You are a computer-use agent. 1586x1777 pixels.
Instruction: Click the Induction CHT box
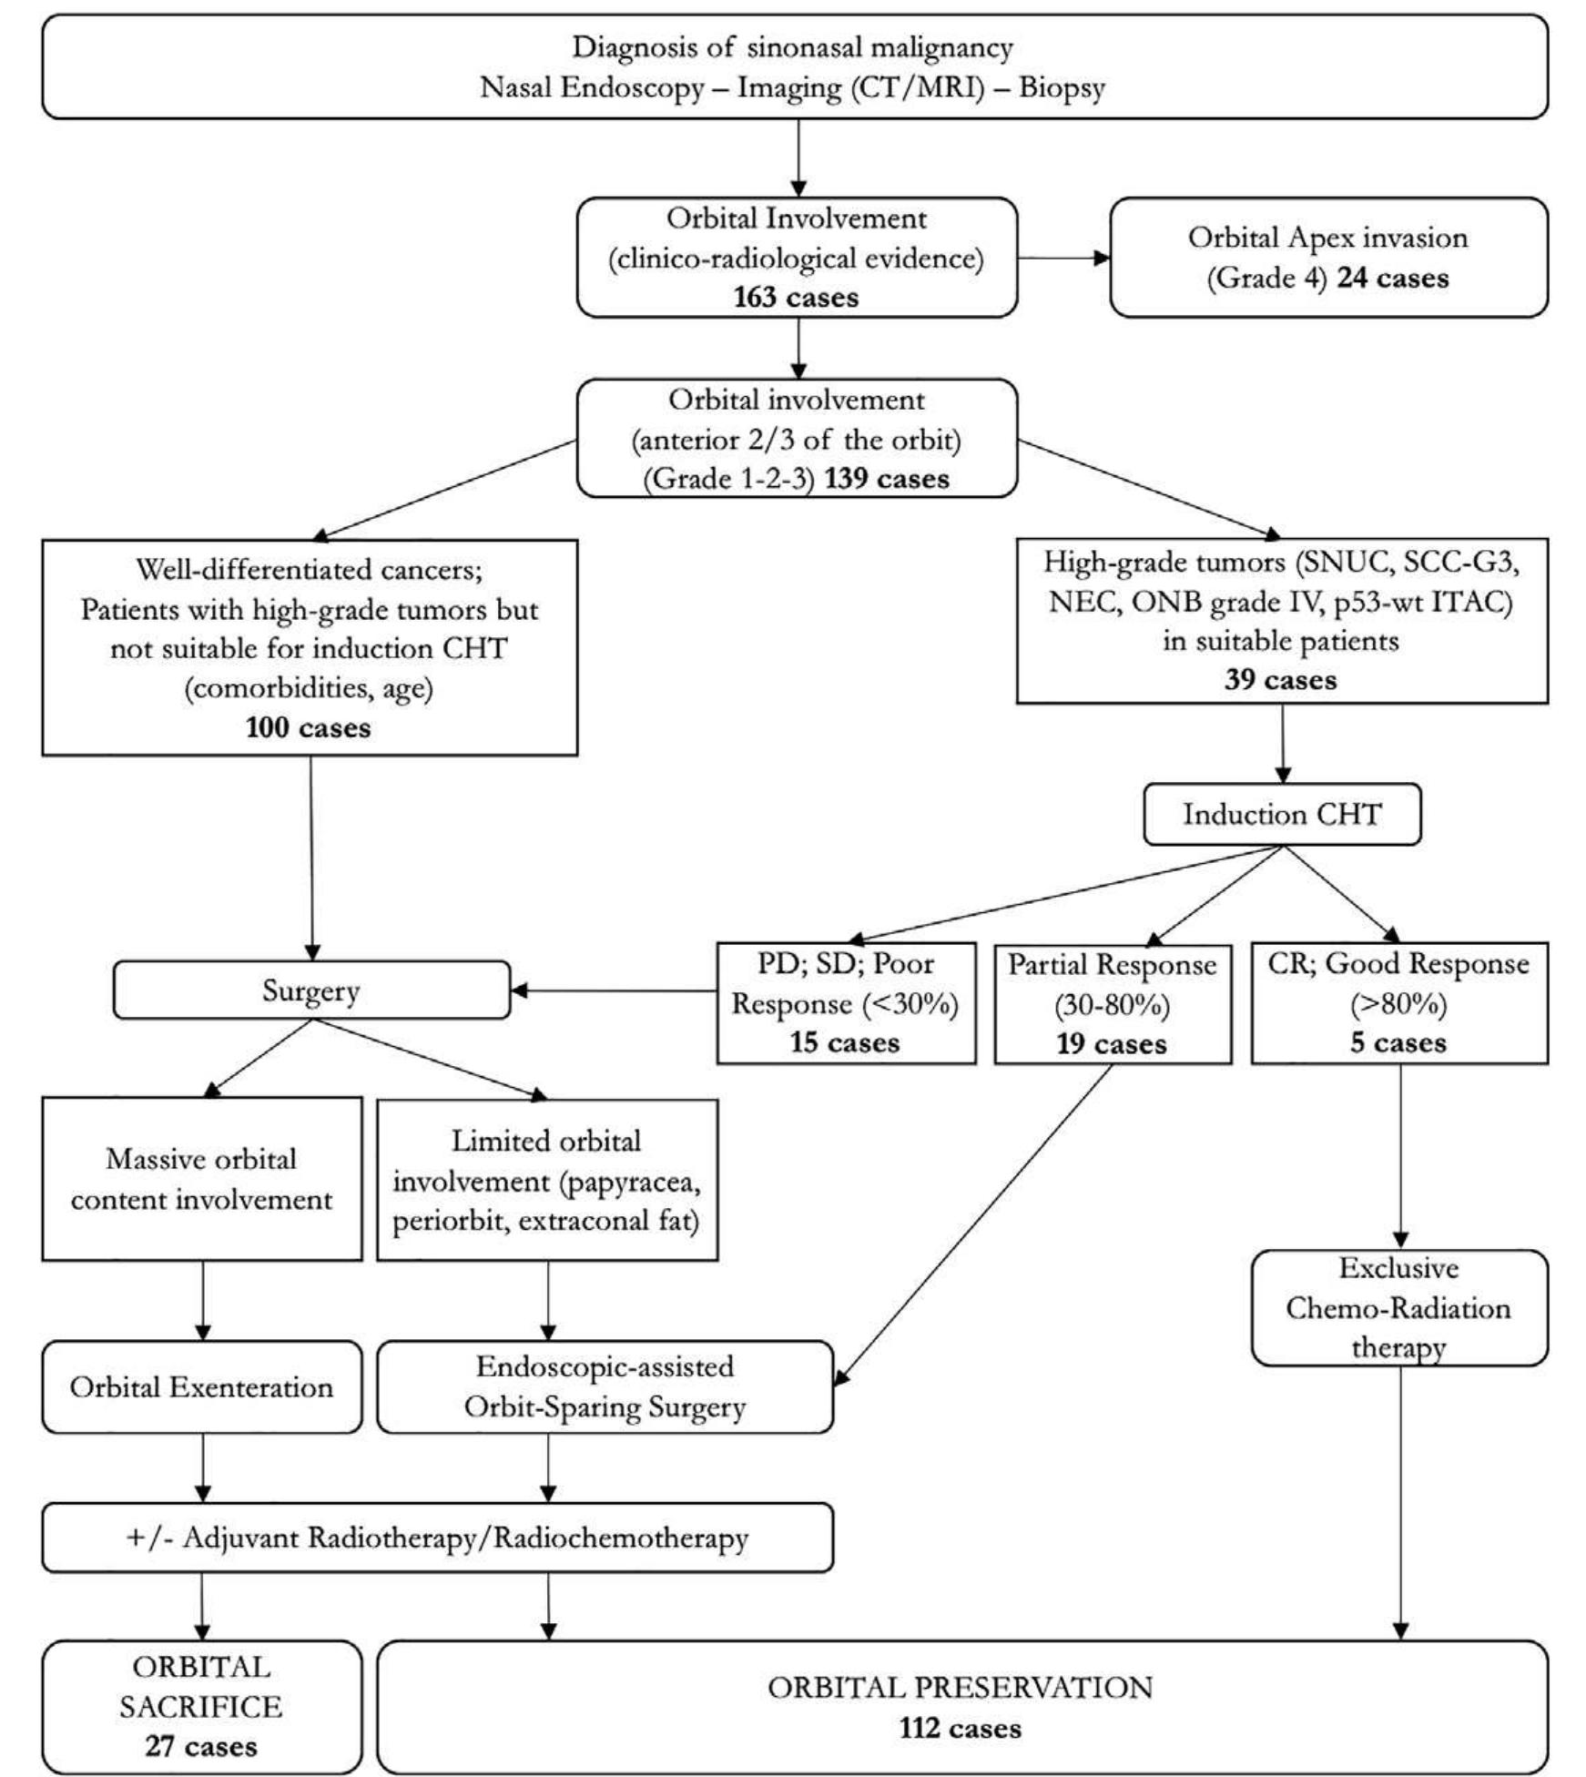pyautogui.click(x=1281, y=814)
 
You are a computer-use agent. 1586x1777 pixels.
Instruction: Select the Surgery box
pyautogui.click(x=310, y=990)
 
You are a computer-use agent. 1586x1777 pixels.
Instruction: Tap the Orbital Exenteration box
pyautogui.click(x=201, y=1386)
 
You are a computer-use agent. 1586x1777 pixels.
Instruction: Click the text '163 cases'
pyautogui.click(x=796, y=298)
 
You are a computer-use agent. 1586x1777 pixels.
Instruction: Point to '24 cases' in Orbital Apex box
pyautogui.click(x=1392, y=278)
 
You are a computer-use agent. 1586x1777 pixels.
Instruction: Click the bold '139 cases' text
pyautogui.click(x=887, y=479)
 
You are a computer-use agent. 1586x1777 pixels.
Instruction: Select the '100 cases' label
pyautogui.click(x=309, y=727)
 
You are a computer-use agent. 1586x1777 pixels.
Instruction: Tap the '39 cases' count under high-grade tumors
pyautogui.click(x=1280, y=680)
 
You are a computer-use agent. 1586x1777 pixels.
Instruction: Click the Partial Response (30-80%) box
pyautogui.click(x=1112, y=1003)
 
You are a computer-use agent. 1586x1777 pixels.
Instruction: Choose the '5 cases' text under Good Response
pyautogui.click(x=1398, y=1042)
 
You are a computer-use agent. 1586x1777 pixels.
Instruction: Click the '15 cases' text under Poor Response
pyautogui.click(x=845, y=1042)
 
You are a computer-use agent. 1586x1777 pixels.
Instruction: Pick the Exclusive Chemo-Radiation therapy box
pyautogui.click(x=1398, y=1308)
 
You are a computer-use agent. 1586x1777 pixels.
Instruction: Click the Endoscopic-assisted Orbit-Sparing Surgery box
pyautogui.click(x=605, y=1386)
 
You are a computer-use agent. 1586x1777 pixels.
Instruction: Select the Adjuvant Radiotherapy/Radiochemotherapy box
pyautogui.click(x=437, y=1538)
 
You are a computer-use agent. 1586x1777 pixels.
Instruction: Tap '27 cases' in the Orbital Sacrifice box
pyautogui.click(x=201, y=1746)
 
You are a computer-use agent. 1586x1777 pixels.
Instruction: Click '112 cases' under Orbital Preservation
pyautogui.click(x=961, y=1728)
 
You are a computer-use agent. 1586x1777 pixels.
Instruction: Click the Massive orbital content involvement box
pyautogui.click(x=201, y=1179)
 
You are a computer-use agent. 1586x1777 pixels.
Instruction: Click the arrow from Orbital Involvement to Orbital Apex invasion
pyautogui.click(x=1062, y=258)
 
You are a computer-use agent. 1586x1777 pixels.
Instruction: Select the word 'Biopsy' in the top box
pyautogui.click(x=1062, y=88)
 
